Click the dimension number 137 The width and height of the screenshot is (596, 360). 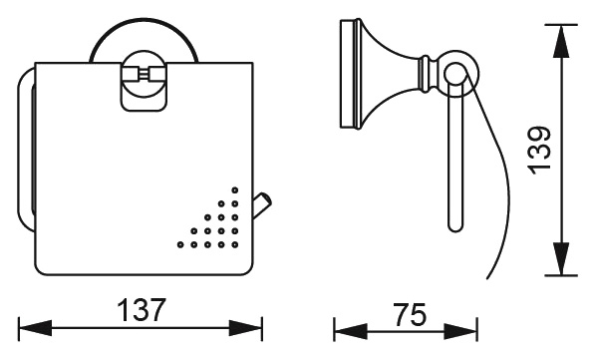tap(142, 310)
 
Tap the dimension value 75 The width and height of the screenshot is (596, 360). tap(410, 315)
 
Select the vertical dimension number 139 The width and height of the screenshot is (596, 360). tap(540, 151)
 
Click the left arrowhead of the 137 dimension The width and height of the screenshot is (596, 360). tap(35, 328)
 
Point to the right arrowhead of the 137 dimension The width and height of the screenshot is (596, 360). tap(245, 328)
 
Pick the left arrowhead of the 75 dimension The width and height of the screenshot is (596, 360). tap(351, 331)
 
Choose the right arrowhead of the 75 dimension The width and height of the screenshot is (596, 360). tap(460, 331)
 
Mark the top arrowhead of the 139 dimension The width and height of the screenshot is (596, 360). tap(561, 42)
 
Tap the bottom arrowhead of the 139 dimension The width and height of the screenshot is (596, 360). tap(561, 258)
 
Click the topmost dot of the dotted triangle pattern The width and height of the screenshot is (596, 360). tap(235, 190)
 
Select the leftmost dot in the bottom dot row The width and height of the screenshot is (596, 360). tap(180, 244)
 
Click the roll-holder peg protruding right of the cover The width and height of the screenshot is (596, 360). tap(262, 205)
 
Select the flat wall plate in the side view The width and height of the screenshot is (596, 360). tap(349, 74)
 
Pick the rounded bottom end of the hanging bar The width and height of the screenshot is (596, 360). tap(455, 226)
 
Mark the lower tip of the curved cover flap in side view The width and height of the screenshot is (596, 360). tap(487, 278)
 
